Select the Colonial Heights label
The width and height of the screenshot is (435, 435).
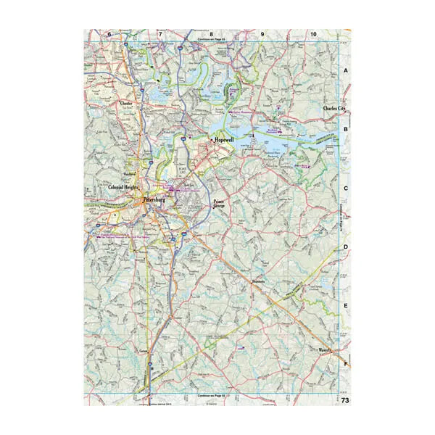123,188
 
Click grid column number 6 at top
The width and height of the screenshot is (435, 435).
109,34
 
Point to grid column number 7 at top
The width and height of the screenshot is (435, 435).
160,34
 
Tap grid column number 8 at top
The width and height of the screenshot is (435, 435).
211,34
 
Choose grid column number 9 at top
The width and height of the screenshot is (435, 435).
262,34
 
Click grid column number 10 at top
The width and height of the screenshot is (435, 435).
312,34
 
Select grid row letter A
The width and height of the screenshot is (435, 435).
346,71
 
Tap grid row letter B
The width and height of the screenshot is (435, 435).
346,130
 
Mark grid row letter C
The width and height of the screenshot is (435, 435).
346,188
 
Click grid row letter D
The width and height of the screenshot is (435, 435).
346,247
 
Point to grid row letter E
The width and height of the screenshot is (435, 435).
346,306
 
